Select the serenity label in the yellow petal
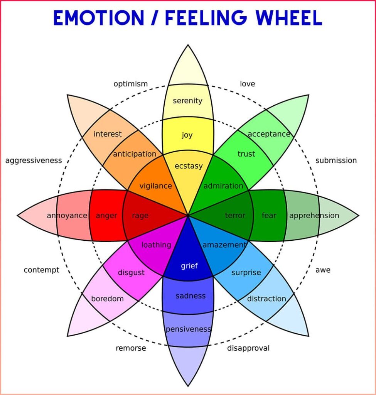click(187, 101)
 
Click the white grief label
click(189, 266)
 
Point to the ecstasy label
click(188, 166)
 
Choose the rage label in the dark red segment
click(140, 216)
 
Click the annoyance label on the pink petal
click(67, 215)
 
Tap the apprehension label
click(314, 215)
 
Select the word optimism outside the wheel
click(130, 84)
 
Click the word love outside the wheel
click(247, 84)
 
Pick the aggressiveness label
click(34, 160)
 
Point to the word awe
click(323, 270)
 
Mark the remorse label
click(131, 348)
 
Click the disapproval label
click(248, 348)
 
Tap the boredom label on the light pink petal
click(107, 299)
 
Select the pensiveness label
click(188, 329)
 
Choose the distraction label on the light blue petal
click(266, 299)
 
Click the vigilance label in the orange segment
click(155, 186)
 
